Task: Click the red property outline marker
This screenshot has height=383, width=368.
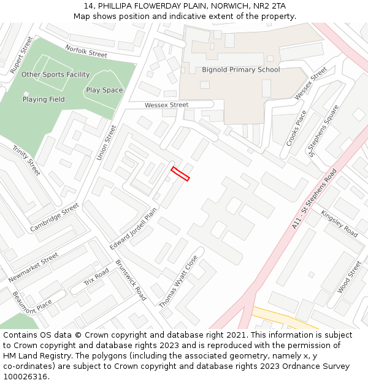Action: tap(180, 174)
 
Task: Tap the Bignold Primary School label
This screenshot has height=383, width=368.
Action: tap(240, 70)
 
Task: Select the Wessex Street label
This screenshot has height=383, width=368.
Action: tap(166, 105)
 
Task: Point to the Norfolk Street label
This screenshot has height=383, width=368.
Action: tap(86, 51)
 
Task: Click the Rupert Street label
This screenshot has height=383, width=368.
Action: tap(21, 55)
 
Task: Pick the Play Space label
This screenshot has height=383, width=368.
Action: tap(104, 90)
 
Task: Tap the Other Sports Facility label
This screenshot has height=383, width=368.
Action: tap(55, 75)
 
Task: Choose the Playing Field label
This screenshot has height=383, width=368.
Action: tap(44, 99)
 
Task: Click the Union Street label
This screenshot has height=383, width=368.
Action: tap(106, 143)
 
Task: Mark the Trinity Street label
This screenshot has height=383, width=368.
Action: tap(26, 160)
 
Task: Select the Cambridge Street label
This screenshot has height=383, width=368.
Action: tap(55, 218)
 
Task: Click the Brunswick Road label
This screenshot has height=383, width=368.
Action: tap(131, 284)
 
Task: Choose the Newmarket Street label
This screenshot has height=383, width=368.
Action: tap(33, 268)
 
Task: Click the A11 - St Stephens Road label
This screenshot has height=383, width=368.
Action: tap(315, 200)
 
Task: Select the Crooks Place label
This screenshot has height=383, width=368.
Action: tap(296, 128)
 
